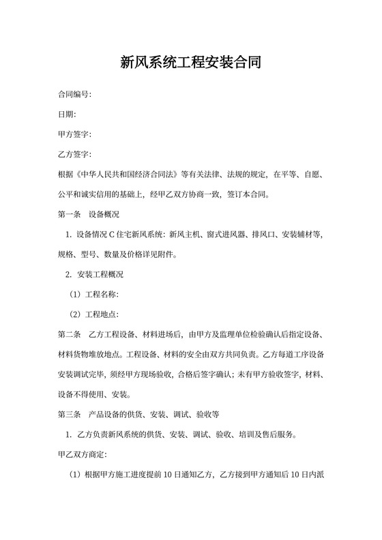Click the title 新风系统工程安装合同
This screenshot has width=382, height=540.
point(190,63)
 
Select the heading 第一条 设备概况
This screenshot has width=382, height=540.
point(89,215)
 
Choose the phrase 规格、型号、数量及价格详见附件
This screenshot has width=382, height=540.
point(117,255)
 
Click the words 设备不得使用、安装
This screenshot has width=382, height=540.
point(95,394)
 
